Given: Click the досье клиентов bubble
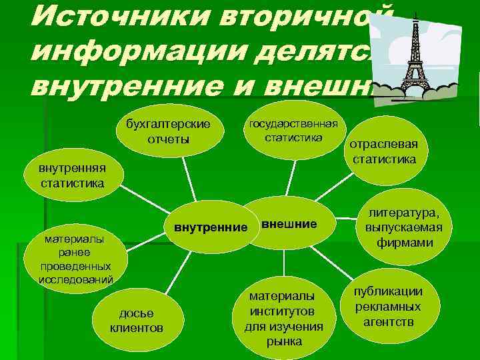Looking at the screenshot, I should [x=136, y=321].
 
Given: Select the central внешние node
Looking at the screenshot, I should [x=289, y=224].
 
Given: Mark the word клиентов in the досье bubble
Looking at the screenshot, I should [x=136, y=328].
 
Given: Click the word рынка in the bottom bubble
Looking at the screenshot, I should [x=284, y=341].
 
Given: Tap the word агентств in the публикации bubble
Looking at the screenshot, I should [x=389, y=321].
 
